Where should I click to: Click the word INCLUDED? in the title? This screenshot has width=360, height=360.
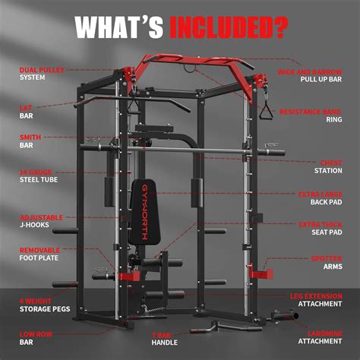click(229, 27)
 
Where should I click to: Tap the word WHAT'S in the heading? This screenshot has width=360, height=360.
click(119, 27)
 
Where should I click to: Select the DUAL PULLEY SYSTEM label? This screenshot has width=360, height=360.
click(41, 73)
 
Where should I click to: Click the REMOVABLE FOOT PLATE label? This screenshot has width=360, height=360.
click(39, 254)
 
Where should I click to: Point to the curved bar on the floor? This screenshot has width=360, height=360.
click(213, 327)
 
